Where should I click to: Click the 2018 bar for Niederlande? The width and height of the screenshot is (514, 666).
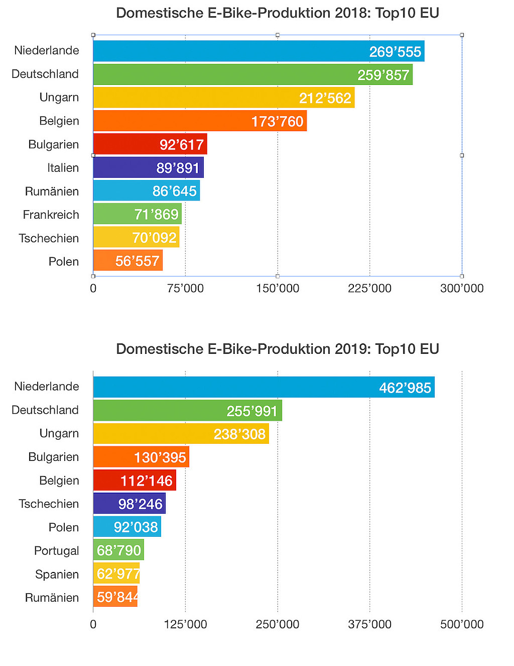pyautogui.click(x=259, y=51)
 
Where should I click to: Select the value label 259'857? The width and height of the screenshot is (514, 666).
pyautogui.click(x=383, y=75)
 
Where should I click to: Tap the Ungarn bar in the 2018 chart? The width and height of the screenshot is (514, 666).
pyautogui.click(x=223, y=98)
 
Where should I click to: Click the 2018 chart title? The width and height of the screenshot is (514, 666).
pyautogui.click(x=277, y=13)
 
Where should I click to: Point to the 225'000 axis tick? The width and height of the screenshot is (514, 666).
pyautogui.click(x=369, y=289)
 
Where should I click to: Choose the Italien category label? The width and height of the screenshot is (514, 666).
pyautogui.click(x=63, y=168)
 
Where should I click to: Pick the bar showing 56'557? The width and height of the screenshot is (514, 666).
pyautogui.click(x=127, y=260)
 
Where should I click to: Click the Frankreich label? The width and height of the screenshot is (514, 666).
pyautogui.click(x=51, y=215)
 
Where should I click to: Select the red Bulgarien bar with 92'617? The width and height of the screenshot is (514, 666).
pyautogui.click(x=150, y=144)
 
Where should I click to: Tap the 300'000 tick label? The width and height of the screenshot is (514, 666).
pyautogui.click(x=462, y=289)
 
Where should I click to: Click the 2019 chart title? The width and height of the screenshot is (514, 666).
pyautogui.click(x=277, y=349)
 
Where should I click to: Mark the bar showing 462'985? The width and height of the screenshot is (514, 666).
pyautogui.click(x=264, y=387)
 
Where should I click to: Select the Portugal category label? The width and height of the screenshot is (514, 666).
pyautogui.click(x=56, y=551)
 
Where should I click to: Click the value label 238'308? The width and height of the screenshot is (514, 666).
pyautogui.click(x=239, y=434)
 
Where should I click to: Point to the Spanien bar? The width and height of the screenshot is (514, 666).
pyautogui.click(x=116, y=573)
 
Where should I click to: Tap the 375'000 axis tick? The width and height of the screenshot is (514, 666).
pyautogui.click(x=369, y=624)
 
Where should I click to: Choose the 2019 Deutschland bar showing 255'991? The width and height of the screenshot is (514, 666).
pyautogui.click(x=187, y=410)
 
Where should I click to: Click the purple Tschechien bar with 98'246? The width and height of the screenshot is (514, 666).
pyautogui.click(x=129, y=504)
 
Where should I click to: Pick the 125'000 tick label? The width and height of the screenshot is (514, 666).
pyautogui.click(x=185, y=624)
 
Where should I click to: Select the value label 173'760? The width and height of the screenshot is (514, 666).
pyautogui.click(x=277, y=122)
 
